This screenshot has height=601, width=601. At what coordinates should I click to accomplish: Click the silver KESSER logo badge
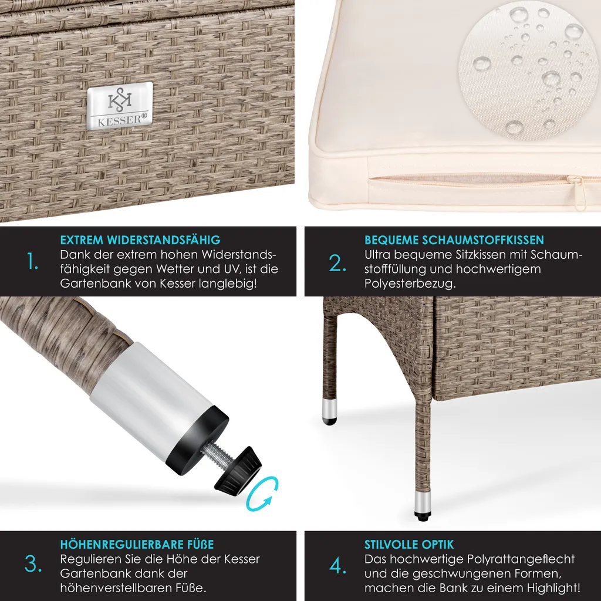pos(120,106)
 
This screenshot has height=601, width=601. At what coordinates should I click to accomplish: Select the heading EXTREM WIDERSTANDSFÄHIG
pos(140,240)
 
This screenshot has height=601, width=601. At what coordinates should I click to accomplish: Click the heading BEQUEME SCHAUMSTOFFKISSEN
pos(454,240)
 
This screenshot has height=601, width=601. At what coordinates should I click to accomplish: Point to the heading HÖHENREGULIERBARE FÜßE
pos(137,544)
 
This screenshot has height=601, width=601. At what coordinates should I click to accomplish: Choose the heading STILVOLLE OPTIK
pos(409,544)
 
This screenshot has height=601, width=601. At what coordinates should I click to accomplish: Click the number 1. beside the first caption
pos(33,262)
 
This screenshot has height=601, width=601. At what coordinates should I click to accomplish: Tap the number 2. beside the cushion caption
pos(337,264)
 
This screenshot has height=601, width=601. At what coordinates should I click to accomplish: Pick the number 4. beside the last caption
pos(337,566)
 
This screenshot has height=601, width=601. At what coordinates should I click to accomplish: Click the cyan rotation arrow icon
pos(262,494)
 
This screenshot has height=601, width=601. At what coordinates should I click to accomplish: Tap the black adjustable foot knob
pos(238,471)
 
